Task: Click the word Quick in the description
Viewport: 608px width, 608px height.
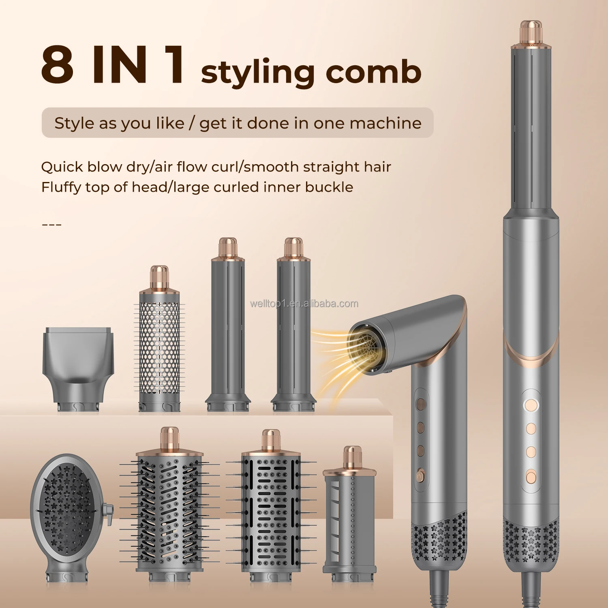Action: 62,167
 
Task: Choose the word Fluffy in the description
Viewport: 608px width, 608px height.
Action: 61,188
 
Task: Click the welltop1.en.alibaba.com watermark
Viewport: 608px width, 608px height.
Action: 304,304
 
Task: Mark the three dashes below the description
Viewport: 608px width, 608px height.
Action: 51,224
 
